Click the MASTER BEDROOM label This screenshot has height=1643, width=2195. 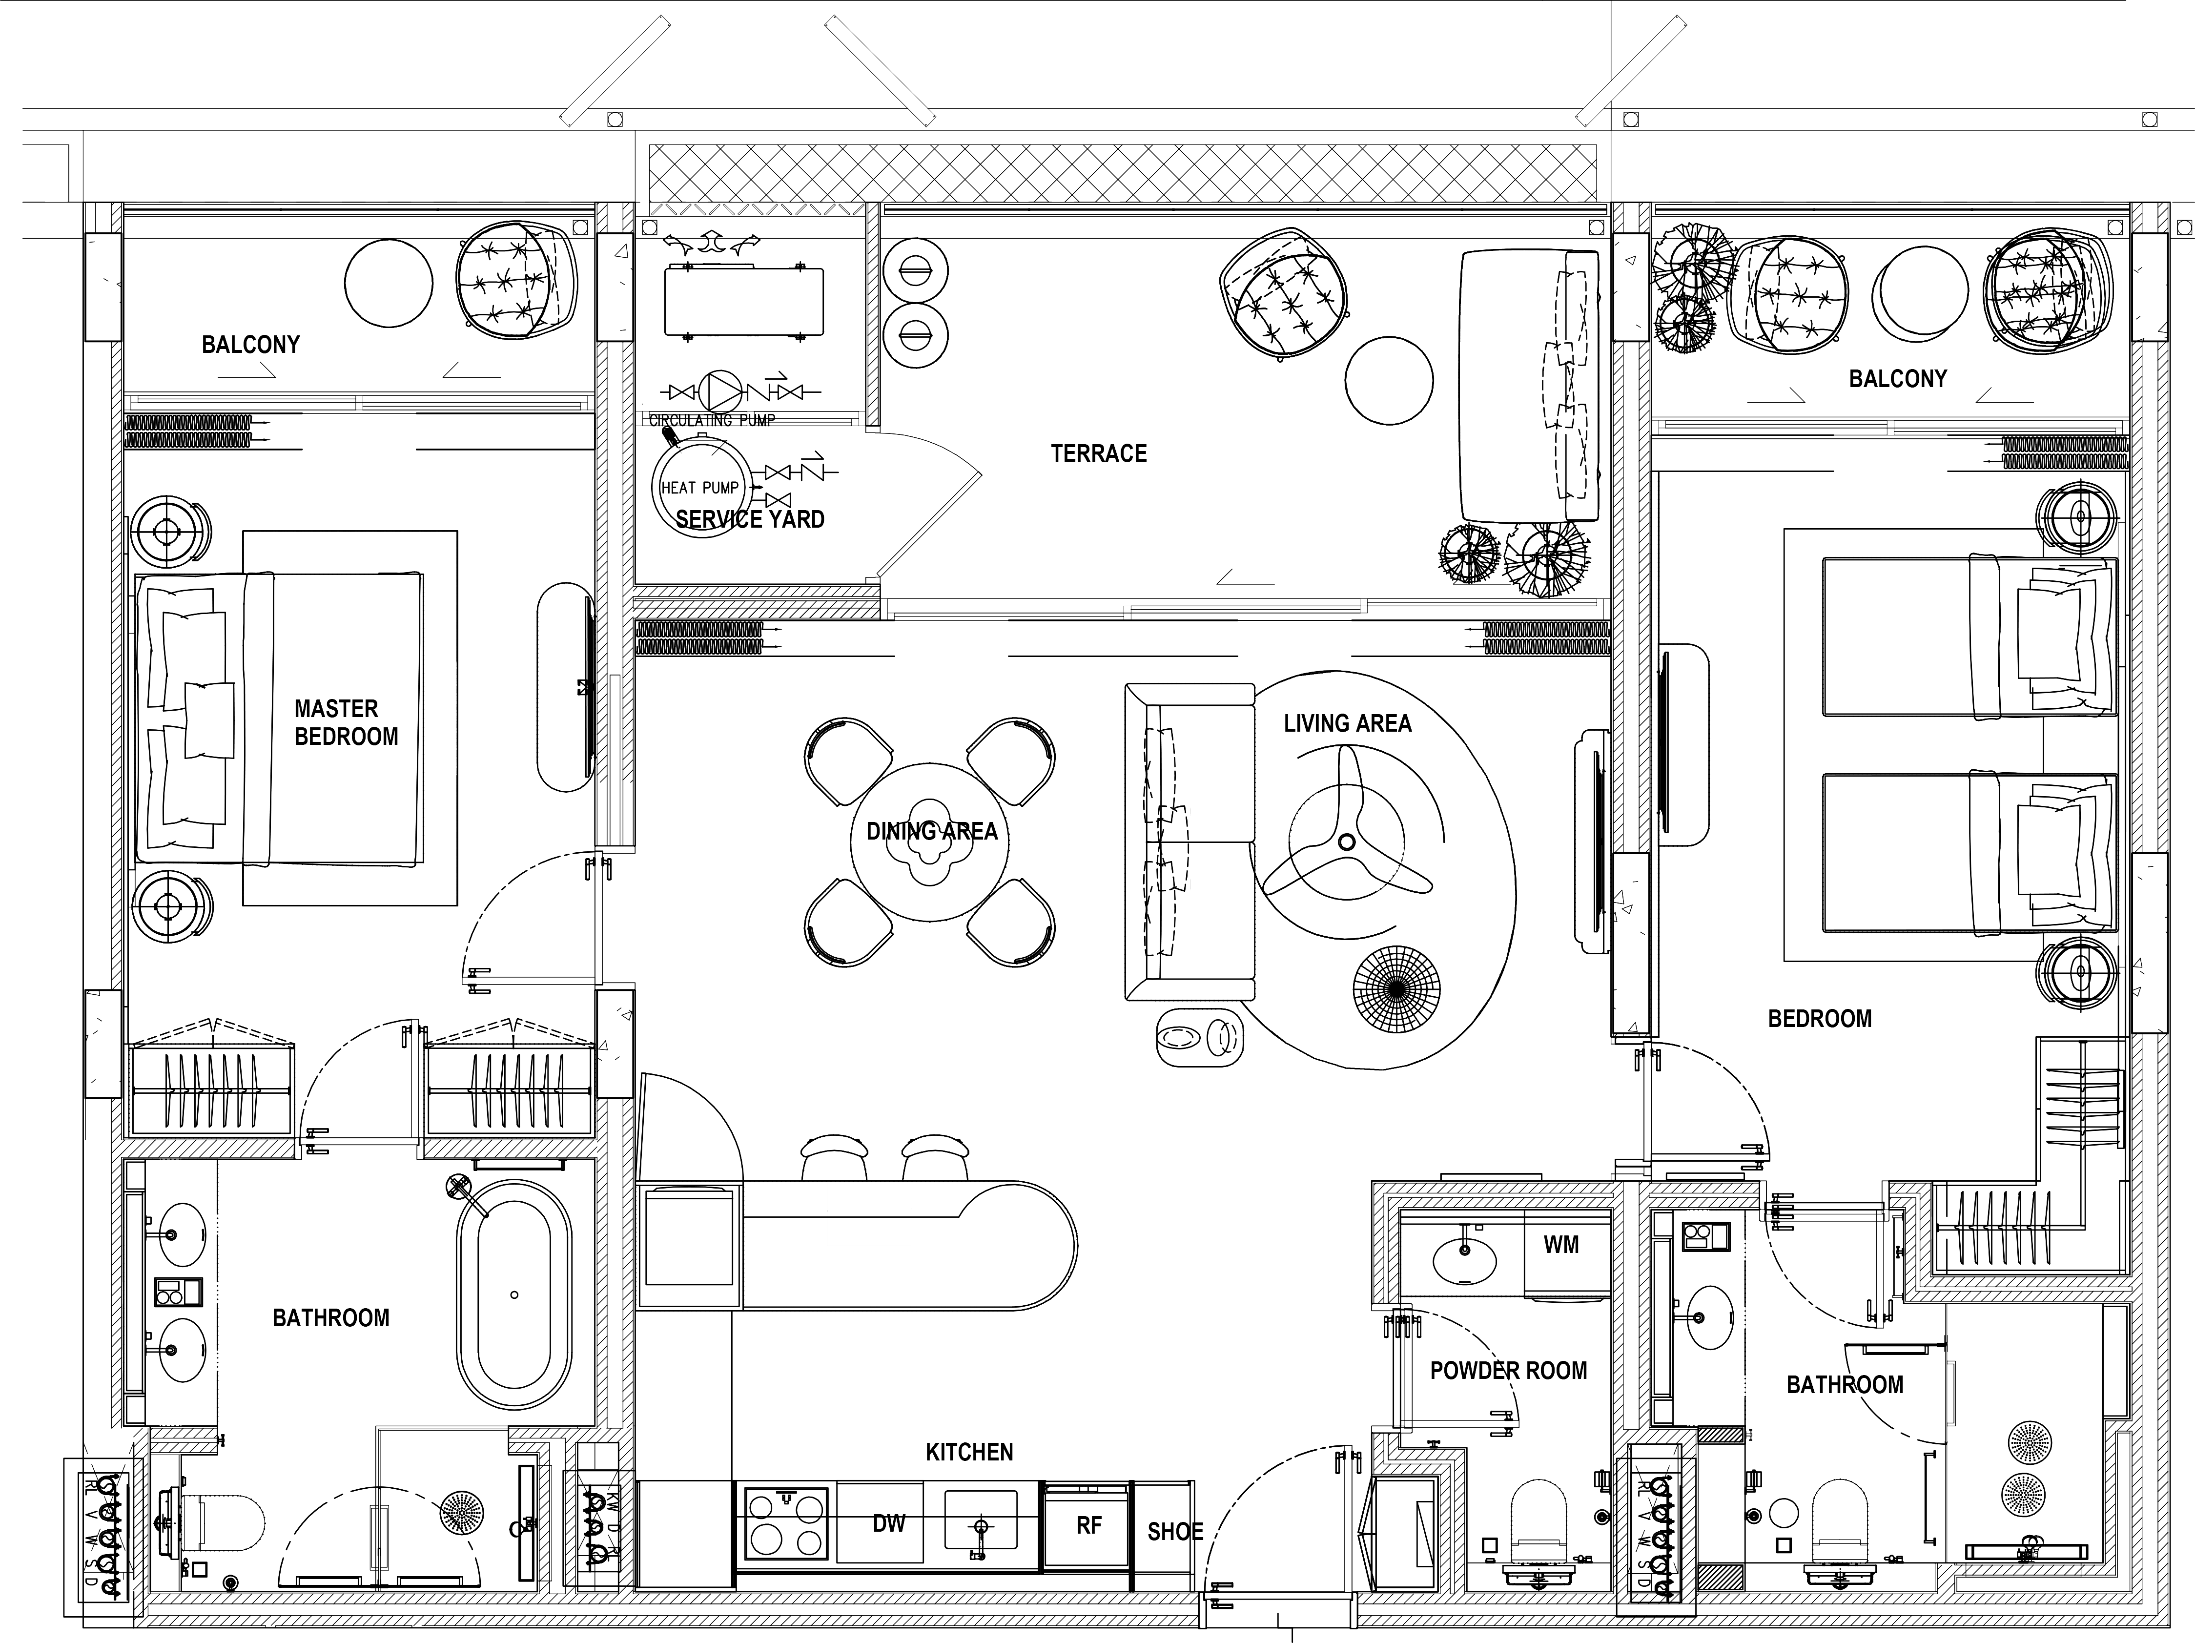[345, 722]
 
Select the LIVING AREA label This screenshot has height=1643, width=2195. [1347, 723]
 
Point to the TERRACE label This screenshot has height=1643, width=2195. [1099, 453]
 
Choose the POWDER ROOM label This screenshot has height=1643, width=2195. [1507, 1370]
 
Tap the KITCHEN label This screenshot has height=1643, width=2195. [968, 1452]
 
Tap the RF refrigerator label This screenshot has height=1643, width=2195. [1088, 1525]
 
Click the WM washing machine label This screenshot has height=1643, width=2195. [1561, 1244]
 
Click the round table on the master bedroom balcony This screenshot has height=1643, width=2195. [388, 283]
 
